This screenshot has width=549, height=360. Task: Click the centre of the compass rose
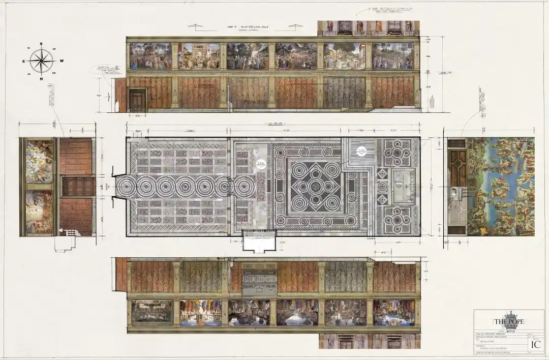click(42, 61)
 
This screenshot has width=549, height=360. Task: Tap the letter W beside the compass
click(62, 61)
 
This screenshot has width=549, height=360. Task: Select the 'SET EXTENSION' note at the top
click(248, 27)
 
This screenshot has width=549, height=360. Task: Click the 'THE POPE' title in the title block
click(508, 322)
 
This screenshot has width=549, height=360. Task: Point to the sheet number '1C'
click(535, 344)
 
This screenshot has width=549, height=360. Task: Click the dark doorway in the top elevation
click(137, 100)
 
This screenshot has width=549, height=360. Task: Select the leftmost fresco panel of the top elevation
click(150, 56)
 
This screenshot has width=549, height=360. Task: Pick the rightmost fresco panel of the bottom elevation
click(393, 313)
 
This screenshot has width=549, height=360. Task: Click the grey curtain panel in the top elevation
click(344, 92)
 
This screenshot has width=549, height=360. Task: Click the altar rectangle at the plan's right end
click(403, 186)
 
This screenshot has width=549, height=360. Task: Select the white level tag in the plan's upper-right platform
click(362, 151)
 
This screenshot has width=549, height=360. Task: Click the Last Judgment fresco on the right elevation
click(501, 186)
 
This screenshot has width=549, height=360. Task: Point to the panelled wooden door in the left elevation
click(77, 186)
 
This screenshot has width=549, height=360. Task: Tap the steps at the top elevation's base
click(358, 109)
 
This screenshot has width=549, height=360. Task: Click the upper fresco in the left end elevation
click(39, 162)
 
